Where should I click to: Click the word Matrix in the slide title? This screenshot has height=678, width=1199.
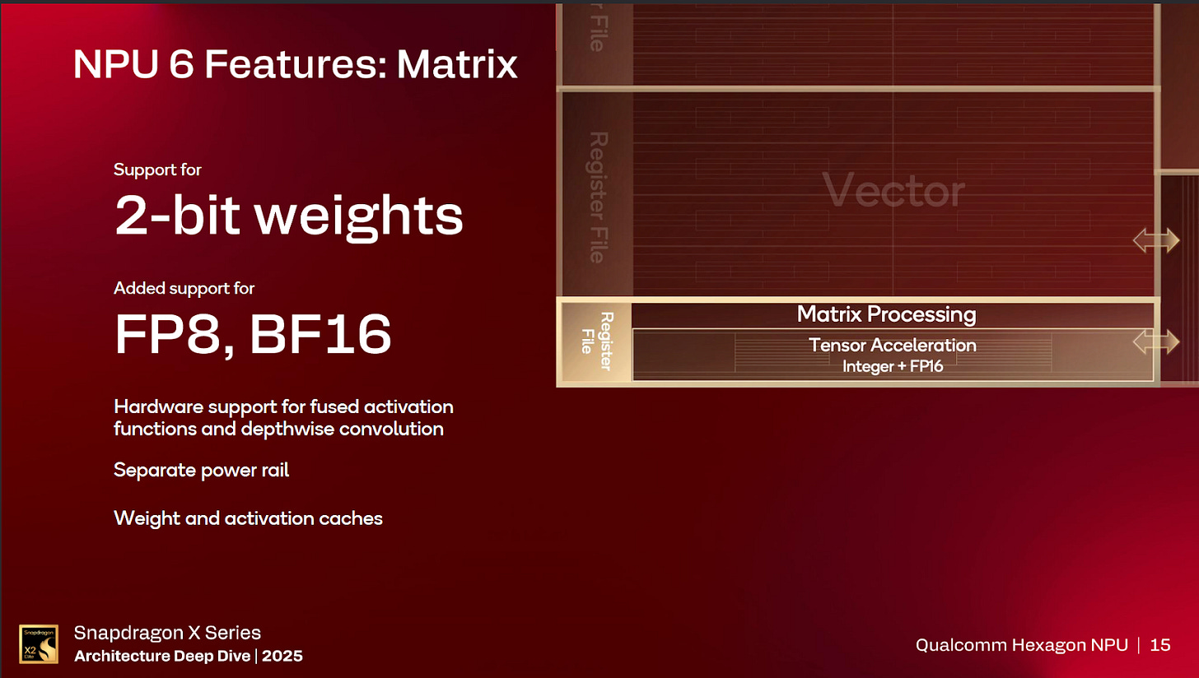(457, 64)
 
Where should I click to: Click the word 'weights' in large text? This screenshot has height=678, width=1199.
(358, 216)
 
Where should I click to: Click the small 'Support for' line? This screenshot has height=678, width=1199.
(157, 170)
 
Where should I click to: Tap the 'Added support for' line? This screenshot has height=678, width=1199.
(184, 288)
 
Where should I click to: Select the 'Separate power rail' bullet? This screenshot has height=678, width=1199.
(201, 471)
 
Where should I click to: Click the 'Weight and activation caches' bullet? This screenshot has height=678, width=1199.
(248, 518)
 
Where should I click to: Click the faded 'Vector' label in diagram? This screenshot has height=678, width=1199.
(893, 192)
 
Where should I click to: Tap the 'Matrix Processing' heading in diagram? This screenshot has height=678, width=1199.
(886, 314)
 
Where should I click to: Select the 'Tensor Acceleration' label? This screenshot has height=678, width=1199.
(893, 345)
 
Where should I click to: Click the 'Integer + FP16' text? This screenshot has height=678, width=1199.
(893, 366)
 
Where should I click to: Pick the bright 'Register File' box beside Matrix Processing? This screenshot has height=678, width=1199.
(596, 342)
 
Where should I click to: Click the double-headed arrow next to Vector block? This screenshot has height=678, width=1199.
(1155, 240)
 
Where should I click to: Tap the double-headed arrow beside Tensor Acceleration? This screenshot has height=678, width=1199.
(1155, 341)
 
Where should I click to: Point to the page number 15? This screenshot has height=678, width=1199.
(1159, 645)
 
